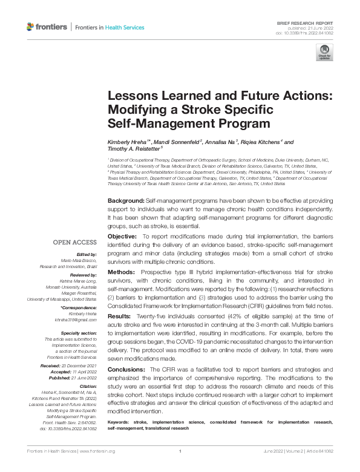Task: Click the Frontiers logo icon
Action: [x=31, y=27]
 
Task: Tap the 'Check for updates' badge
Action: [x=324, y=53]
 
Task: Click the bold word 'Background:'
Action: [x=126, y=200]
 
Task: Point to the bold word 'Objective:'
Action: [x=123, y=235]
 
